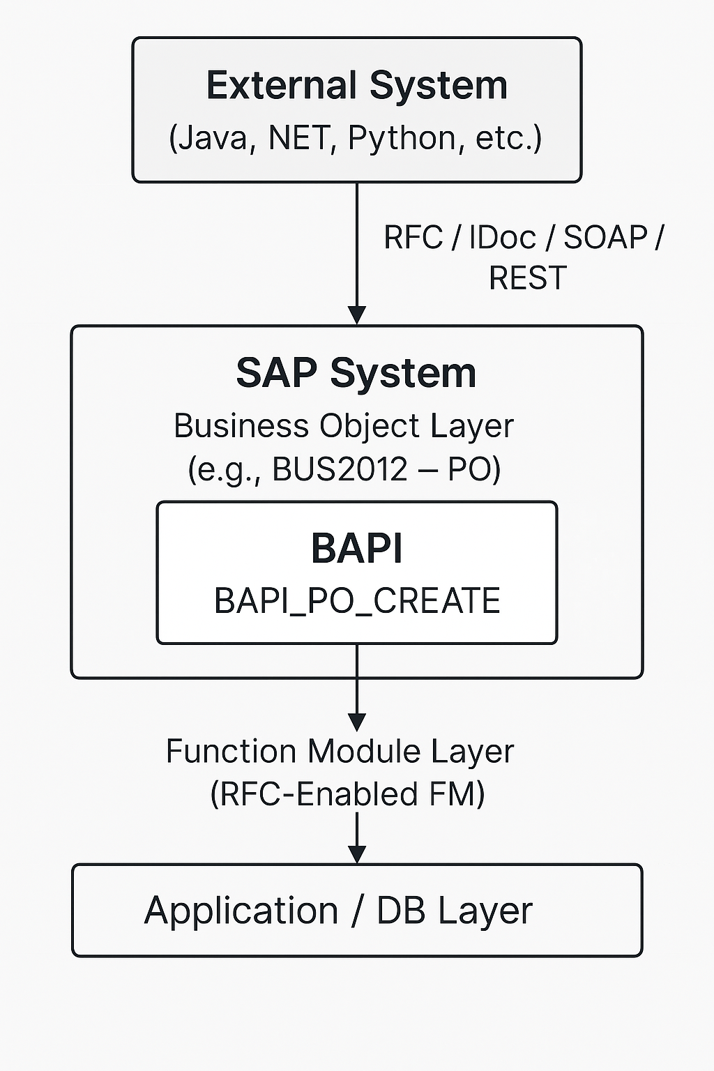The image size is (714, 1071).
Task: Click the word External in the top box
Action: coord(282,85)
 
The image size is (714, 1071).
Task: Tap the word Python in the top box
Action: coord(402,139)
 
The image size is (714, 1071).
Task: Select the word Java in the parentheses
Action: coord(214,138)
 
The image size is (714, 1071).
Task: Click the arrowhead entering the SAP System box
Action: coord(357,316)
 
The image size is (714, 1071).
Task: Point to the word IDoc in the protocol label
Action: coord(503,237)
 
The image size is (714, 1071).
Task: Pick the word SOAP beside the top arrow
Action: coord(605,237)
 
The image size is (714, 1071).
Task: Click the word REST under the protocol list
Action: coord(528,278)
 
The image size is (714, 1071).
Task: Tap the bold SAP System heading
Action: coord(356,374)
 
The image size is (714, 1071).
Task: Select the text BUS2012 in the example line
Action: coord(340,469)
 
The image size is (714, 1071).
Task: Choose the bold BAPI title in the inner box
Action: coord(357,549)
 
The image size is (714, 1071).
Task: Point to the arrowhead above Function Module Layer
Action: coord(357,722)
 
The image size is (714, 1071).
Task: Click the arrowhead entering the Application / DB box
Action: coord(357,854)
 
